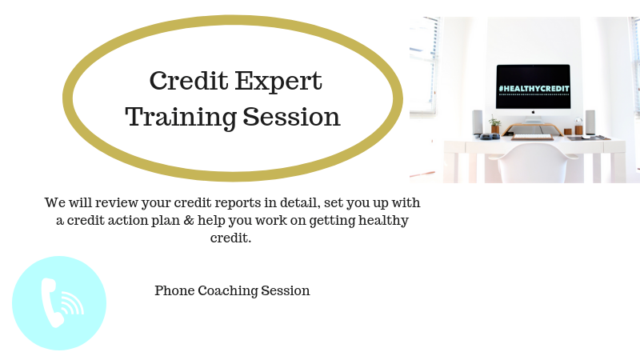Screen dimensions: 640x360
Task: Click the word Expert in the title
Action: (278, 82)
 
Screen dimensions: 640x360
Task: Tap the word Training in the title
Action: (181, 118)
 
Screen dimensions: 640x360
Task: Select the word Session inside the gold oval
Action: (292, 117)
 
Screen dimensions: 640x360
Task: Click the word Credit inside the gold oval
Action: (189, 81)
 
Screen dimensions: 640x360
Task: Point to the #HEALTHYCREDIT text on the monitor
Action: (534, 89)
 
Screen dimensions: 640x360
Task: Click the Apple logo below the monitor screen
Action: (533, 112)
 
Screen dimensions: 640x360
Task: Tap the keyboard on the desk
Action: (532, 137)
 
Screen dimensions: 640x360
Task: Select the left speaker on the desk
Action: (477, 122)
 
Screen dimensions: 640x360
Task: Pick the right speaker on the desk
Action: (590, 122)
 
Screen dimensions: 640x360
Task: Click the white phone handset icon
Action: (51, 302)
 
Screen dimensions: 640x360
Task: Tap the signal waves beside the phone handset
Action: (73, 303)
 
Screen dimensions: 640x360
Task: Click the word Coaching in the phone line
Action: (228, 291)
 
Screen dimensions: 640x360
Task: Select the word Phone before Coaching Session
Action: (174, 290)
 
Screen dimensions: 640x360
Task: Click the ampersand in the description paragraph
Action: (189, 221)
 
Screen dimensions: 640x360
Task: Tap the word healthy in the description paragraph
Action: (383, 221)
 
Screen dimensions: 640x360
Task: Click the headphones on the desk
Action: (489, 137)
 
